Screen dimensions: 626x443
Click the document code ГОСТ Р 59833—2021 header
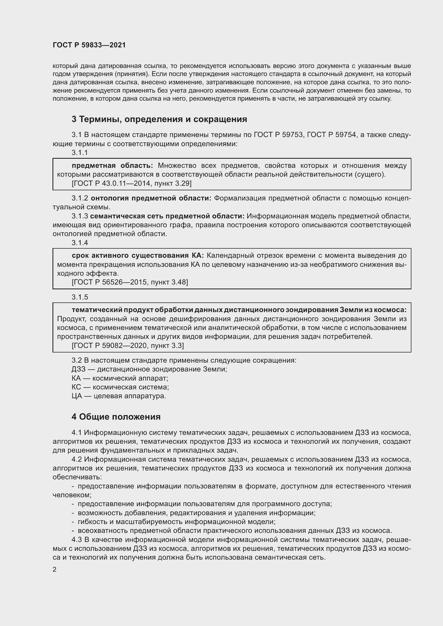(x=89, y=45)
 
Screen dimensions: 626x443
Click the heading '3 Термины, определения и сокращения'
(x=159, y=119)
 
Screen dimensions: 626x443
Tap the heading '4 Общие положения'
(x=116, y=417)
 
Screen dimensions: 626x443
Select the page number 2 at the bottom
(x=55, y=569)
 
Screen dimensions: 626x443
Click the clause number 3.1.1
(x=80, y=153)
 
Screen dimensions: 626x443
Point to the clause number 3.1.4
(x=80, y=243)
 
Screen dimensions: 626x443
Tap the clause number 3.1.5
(x=80, y=297)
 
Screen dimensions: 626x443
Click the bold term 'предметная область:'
(x=112, y=165)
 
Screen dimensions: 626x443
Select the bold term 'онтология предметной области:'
(x=151, y=198)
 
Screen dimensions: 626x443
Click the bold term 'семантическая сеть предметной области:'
(x=167, y=216)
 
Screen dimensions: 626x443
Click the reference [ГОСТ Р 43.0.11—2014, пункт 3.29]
(x=132, y=184)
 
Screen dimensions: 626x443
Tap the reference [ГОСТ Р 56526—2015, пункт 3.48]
(x=130, y=282)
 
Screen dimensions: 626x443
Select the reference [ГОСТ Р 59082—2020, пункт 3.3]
(x=128, y=346)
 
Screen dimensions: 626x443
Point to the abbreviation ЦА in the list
(x=77, y=396)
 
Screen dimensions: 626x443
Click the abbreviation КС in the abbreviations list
(x=76, y=387)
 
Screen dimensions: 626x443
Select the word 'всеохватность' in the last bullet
(x=103, y=530)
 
